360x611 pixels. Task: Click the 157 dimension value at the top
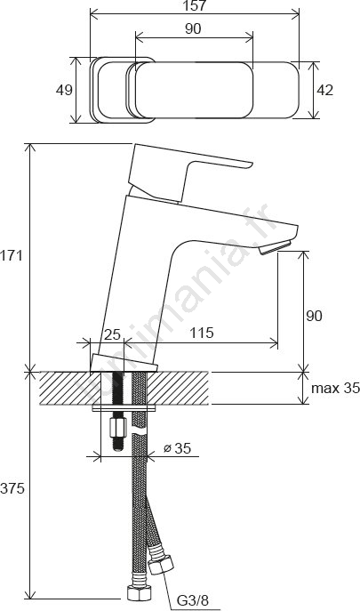point(195,5)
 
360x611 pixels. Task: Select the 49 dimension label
point(64,90)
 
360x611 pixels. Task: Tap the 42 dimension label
point(325,90)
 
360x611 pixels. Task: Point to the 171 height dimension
point(12,256)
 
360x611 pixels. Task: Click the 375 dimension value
point(12,488)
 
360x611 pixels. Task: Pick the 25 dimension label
point(112,334)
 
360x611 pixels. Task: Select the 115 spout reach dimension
point(202,333)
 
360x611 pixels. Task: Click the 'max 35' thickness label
point(335,388)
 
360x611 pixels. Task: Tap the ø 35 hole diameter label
point(177,448)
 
